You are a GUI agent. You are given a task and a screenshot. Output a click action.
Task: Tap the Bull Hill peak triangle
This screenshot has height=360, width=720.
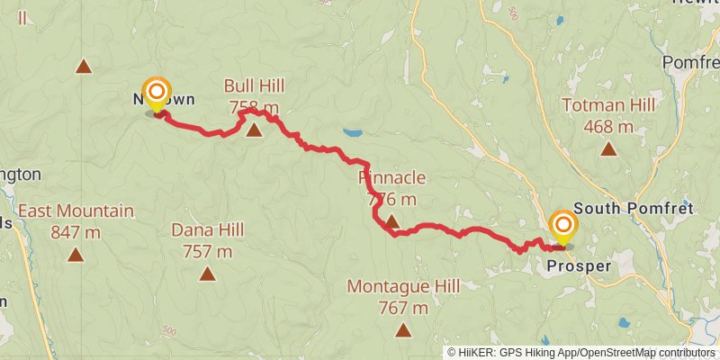pos(254,130)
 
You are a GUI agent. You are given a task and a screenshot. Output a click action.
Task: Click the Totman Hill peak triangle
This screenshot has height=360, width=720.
pos(608,149)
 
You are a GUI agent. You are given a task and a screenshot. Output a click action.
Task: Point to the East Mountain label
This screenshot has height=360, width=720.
pos(76,212)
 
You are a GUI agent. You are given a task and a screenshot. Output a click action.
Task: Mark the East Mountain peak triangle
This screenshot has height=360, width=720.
pos(76,255)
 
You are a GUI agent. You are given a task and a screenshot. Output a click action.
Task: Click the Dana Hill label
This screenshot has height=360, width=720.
pos(208,229)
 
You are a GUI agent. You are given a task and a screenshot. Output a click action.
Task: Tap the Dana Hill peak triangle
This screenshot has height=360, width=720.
pos(208,274)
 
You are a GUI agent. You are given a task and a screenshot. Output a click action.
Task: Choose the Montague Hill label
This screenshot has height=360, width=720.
pos(403,287)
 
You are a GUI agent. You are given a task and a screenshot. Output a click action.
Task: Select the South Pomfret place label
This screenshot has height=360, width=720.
pos(634,208)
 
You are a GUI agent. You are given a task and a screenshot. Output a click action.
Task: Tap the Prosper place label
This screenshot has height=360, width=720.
pos(579,266)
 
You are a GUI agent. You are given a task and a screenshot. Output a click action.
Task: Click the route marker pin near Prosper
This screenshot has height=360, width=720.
pos(563,227)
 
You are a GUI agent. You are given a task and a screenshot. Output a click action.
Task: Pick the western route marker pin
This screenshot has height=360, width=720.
pos(157,94)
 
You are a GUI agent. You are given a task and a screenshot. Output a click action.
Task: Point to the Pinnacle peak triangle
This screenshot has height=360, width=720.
pos(391,220)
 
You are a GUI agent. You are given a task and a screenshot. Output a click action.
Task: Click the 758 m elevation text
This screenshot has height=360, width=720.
pos(254,108)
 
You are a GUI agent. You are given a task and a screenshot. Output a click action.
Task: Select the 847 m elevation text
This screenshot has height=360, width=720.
pos(76,233)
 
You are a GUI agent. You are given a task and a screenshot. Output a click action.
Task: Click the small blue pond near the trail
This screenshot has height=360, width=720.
pos(352,132)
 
